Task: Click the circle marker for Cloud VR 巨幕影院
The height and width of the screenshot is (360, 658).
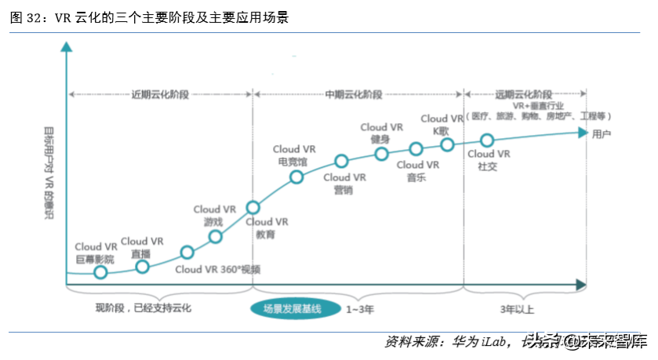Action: (x=100, y=272)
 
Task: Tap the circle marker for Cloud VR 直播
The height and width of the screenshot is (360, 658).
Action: (x=142, y=267)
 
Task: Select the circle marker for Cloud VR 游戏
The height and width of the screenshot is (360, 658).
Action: (x=216, y=237)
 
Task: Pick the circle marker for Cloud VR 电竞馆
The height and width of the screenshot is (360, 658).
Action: (x=296, y=177)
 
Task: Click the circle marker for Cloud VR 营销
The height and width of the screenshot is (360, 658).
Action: (x=341, y=162)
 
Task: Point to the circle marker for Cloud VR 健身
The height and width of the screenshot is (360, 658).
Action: (x=381, y=154)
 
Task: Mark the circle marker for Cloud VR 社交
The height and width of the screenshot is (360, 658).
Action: (x=487, y=140)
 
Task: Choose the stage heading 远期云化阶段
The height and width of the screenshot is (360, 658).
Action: (x=521, y=94)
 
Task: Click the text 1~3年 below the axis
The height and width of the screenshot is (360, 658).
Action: (x=360, y=310)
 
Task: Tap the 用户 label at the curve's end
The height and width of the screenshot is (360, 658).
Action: (x=602, y=134)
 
